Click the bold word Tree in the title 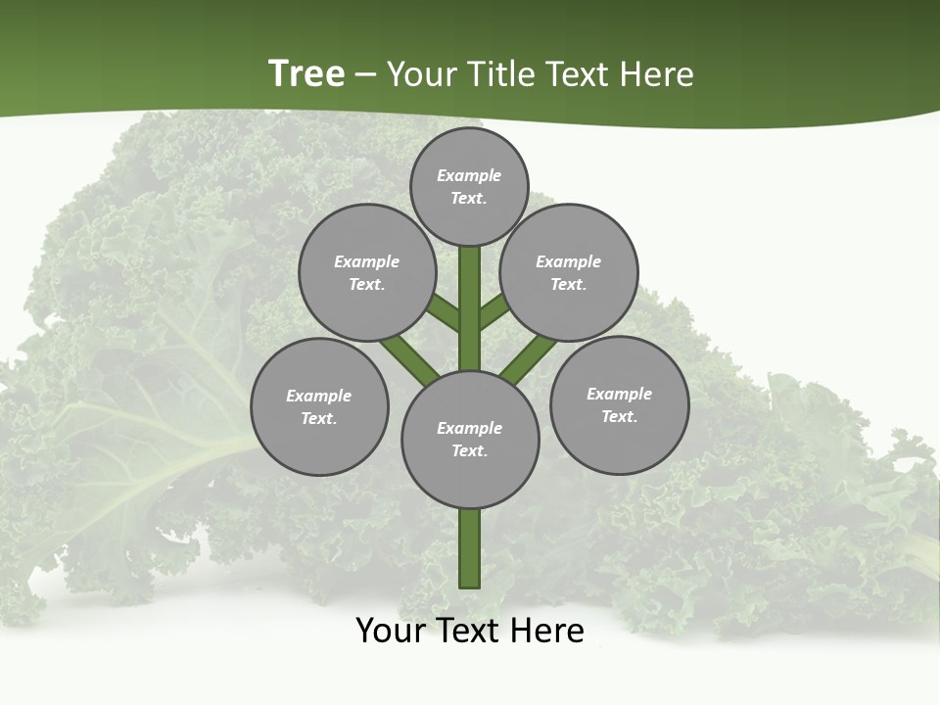(x=306, y=74)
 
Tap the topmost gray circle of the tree (x=469, y=186)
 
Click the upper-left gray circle (x=366, y=272)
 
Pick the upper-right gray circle (x=569, y=272)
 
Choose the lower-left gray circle (x=319, y=406)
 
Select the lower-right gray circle (x=619, y=404)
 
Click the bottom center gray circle (x=470, y=439)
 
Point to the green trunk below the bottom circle (x=470, y=548)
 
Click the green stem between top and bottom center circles (x=470, y=308)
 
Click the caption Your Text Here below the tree (x=470, y=631)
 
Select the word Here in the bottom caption (x=550, y=631)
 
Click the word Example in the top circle (x=469, y=175)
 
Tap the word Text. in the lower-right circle (x=619, y=416)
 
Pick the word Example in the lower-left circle (x=319, y=396)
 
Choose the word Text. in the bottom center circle (x=470, y=450)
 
